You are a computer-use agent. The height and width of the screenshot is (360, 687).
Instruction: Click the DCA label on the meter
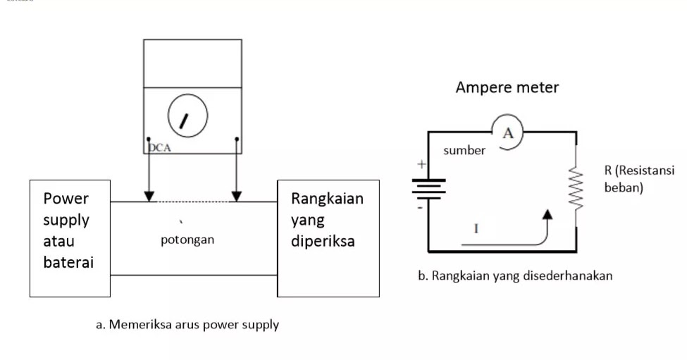point(160,149)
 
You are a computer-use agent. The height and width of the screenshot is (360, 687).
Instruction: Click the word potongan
point(187,240)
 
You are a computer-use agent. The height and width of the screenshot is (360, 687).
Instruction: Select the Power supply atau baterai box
point(70,238)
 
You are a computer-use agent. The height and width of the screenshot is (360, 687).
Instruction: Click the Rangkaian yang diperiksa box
point(328,238)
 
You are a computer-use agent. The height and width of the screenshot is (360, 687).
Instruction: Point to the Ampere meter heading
point(507,88)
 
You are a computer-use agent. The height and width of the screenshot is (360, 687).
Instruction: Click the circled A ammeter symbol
point(507,132)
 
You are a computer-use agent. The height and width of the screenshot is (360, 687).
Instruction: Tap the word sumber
point(464,151)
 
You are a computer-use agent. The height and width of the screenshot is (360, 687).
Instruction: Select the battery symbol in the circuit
point(428,188)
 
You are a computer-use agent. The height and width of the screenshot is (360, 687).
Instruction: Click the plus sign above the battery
point(422,165)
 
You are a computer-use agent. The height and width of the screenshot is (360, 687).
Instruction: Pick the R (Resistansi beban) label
point(638,180)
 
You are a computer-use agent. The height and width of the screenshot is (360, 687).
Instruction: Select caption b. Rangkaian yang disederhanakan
point(515,275)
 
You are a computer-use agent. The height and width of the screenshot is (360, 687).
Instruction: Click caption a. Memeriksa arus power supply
point(187,325)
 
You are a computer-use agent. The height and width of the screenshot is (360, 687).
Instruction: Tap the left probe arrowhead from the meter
point(149,194)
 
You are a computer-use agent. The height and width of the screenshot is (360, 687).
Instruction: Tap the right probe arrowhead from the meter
point(237,194)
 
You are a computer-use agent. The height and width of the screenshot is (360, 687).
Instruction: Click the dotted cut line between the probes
point(192,201)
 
